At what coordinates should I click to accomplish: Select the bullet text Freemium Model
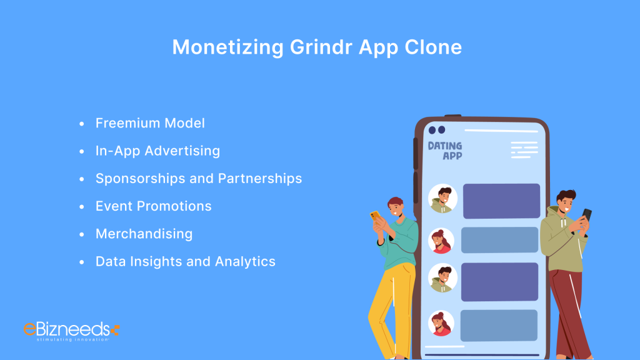(x=150, y=123)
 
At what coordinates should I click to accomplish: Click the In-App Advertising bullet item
(x=157, y=151)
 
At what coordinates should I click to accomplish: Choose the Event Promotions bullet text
(x=153, y=206)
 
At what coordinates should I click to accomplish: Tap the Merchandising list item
(x=144, y=234)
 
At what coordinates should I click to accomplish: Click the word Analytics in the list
(x=245, y=261)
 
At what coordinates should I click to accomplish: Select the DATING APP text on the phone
(x=445, y=150)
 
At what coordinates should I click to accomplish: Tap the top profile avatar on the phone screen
(x=442, y=199)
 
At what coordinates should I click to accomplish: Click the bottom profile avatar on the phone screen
(x=441, y=323)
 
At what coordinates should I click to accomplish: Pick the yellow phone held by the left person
(x=375, y=216)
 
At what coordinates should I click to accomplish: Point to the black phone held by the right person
(x=586, y=215)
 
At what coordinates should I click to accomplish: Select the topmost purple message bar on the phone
(x=501, y=201)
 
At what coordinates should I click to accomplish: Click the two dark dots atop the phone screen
(x=436, y=130)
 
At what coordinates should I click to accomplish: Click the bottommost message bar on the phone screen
(x=499, y=325)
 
